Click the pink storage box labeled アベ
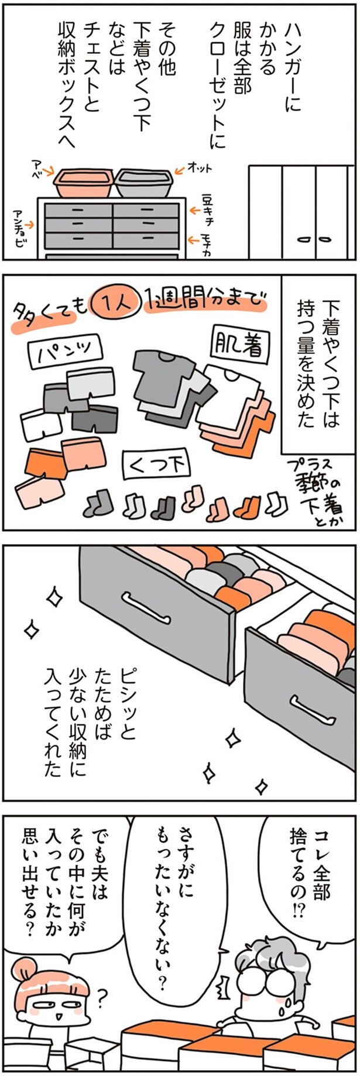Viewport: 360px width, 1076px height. tap(83, 183)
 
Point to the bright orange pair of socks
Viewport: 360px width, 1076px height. tap(246, 504)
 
